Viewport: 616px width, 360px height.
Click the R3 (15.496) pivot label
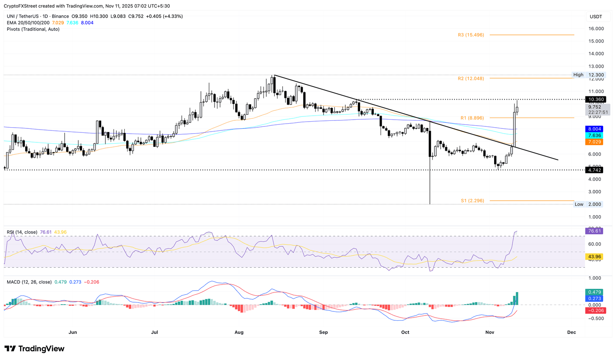[471, 35]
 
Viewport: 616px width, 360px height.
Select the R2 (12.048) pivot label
[471, 79]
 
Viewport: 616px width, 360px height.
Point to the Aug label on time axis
[239, 332]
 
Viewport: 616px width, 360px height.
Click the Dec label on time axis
[571, 332]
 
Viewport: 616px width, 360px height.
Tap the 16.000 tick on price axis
[596, 28]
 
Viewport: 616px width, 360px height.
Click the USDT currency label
[596, 17]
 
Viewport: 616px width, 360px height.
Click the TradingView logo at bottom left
[34, 349]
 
